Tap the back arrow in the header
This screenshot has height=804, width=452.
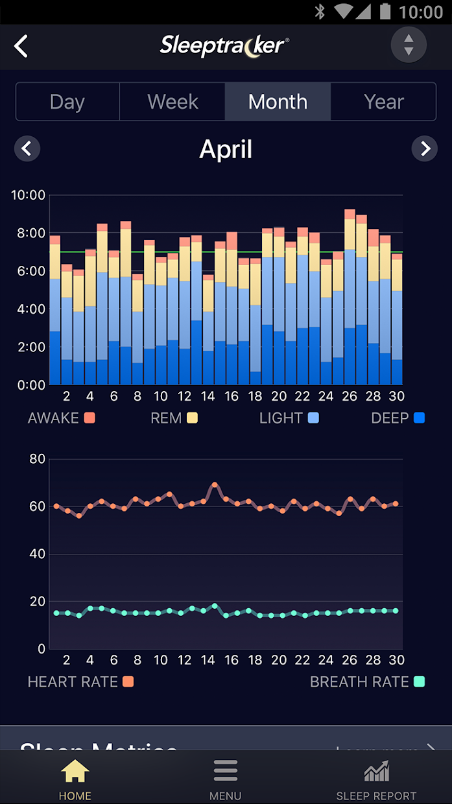pos(21,46)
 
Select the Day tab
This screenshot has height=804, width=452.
pos(67,102)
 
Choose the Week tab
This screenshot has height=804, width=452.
pos(172,102)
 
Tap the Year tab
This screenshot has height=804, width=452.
pos(383,102)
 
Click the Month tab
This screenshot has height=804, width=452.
pos(278,102)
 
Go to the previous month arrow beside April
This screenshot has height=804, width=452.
pos(27,149)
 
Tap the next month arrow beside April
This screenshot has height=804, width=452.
pos(425,149)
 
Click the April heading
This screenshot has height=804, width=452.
pos(226,149)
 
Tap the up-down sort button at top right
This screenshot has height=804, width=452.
pos(409,45)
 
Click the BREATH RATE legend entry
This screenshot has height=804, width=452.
pos(367,681)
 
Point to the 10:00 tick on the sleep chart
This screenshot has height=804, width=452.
pos(28,195)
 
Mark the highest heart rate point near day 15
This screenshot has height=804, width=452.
pos(214,484)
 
